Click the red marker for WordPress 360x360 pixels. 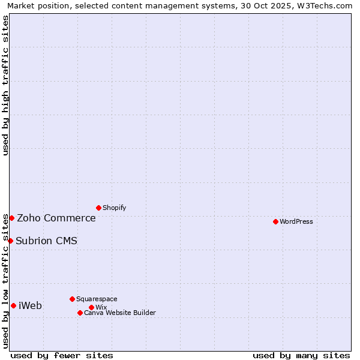275,221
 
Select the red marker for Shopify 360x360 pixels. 98,208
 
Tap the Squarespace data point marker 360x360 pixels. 72,299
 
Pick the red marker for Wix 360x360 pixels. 91,307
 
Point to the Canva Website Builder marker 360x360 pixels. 80,313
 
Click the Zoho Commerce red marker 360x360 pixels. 11,218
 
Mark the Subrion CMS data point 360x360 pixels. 10,241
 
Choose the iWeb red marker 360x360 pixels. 13,305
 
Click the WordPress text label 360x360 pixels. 296,221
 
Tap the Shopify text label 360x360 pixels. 114,208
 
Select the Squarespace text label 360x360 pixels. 97,299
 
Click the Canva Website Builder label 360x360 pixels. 120,313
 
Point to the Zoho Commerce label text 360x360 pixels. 56,218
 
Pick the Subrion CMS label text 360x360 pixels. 46,241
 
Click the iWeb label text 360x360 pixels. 30,305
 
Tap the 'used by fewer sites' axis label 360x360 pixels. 62,355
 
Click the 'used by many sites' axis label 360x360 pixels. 301,355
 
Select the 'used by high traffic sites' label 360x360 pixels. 5,86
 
